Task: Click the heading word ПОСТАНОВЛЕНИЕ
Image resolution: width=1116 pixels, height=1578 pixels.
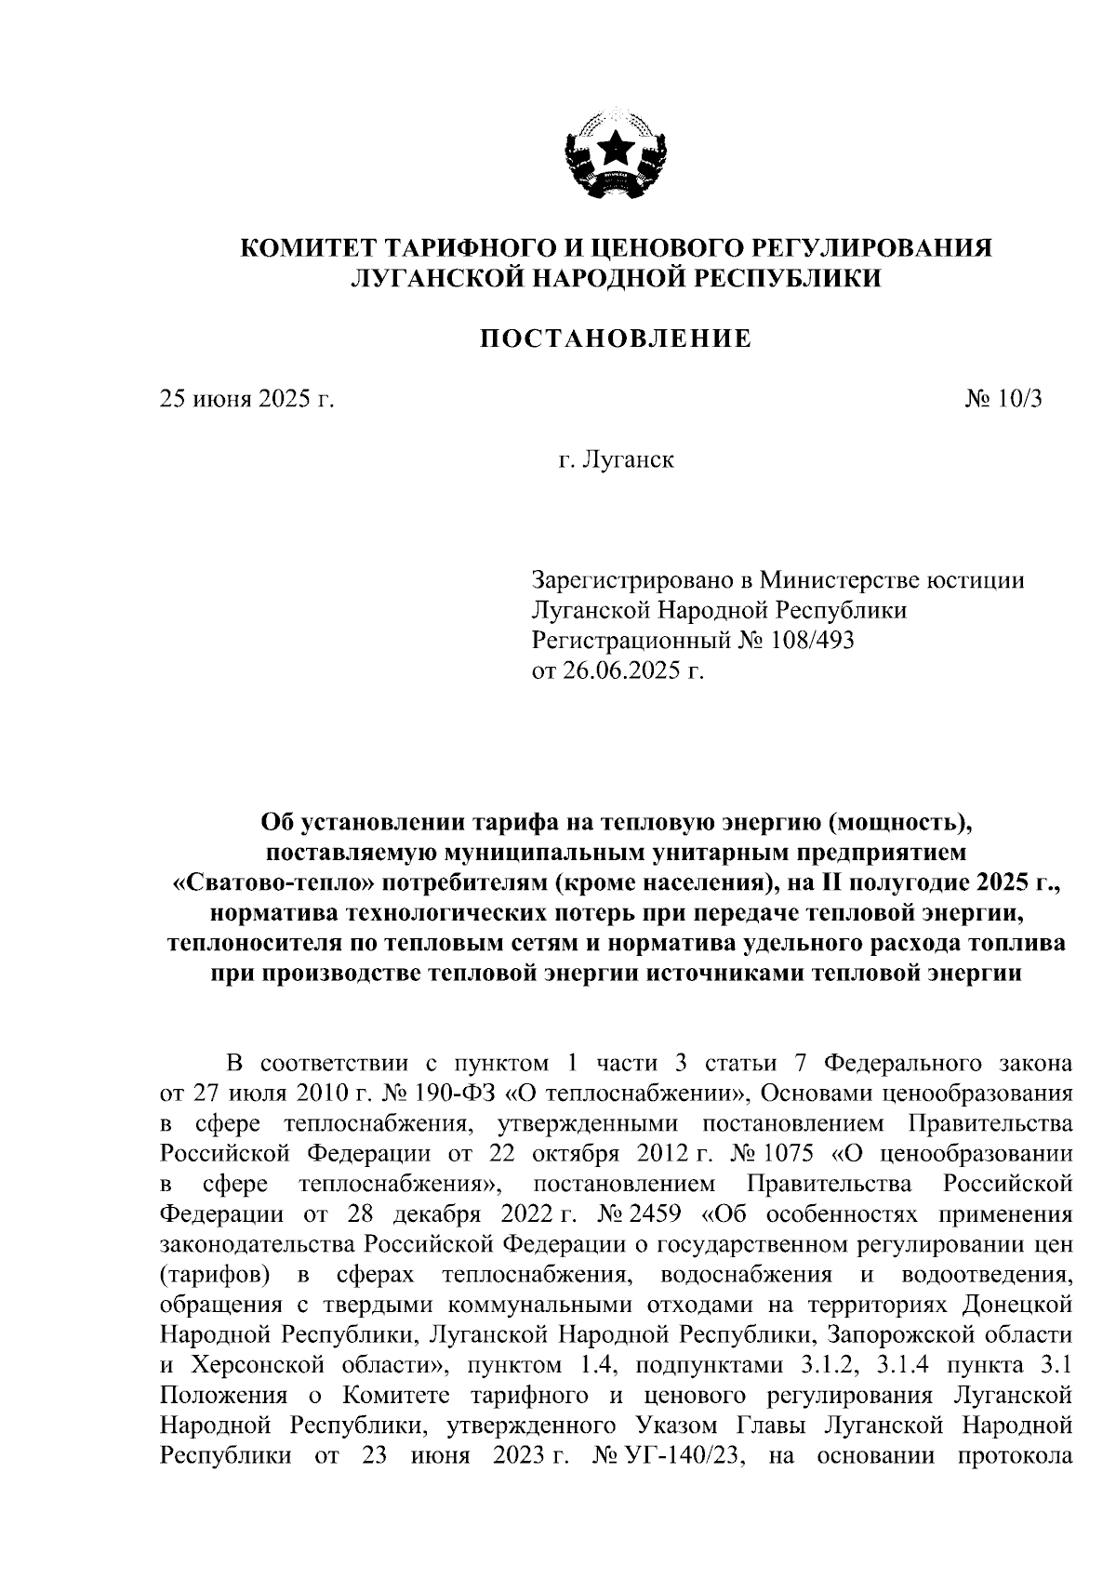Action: click(616, 338)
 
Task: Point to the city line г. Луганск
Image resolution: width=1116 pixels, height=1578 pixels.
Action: click(616, 460)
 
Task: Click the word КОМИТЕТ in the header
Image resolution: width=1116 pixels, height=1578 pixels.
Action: click(308, 248)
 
